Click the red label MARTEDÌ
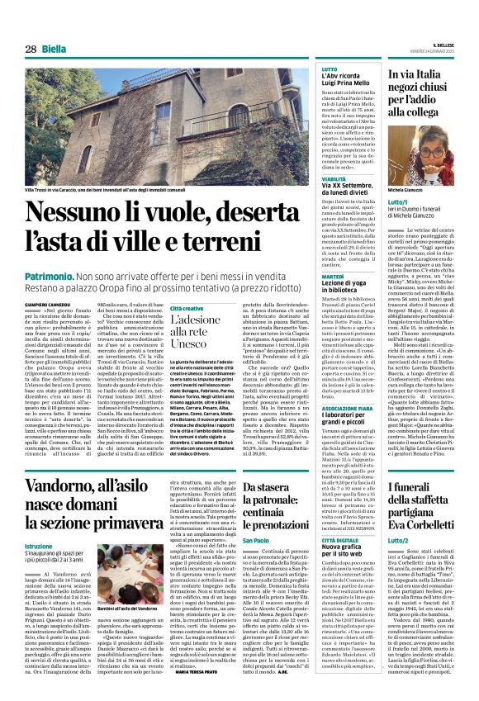pyautogui.click(x=333, y=277)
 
